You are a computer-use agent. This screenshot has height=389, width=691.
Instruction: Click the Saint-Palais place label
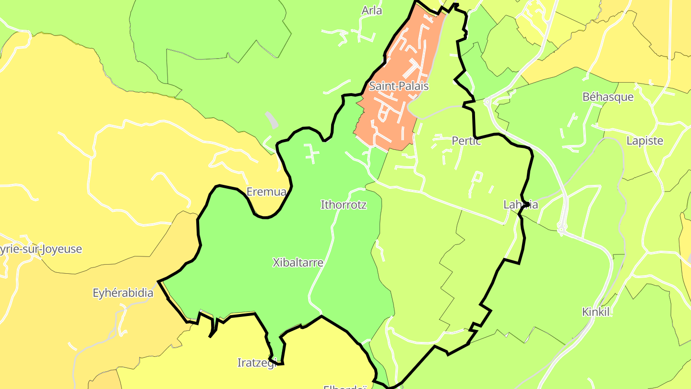(398, 86)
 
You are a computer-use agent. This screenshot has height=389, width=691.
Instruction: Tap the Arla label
(371, 10)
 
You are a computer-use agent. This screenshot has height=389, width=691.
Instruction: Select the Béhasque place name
(608, 97)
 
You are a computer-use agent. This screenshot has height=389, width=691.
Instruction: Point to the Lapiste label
(644, 141)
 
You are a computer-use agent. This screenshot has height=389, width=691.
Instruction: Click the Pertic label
(466, 141)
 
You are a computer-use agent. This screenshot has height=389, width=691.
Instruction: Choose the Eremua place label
(266, 192)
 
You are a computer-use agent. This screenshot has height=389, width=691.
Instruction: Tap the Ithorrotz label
(343, 205)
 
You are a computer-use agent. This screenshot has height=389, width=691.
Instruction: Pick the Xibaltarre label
(298, 263)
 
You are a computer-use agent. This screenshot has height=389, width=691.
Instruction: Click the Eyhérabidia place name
(123, 293)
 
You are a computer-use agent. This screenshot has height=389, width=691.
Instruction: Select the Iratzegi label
(257, 363)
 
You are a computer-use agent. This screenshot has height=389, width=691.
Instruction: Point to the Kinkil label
(596, 312)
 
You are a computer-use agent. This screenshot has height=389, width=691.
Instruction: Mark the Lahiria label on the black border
(520, 205)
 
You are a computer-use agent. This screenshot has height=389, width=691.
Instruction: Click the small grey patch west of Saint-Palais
(271, 120)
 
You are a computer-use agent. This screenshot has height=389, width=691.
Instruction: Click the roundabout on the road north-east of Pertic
(488, 102)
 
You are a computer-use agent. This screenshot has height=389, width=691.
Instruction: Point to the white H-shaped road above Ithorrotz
(312, 153)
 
